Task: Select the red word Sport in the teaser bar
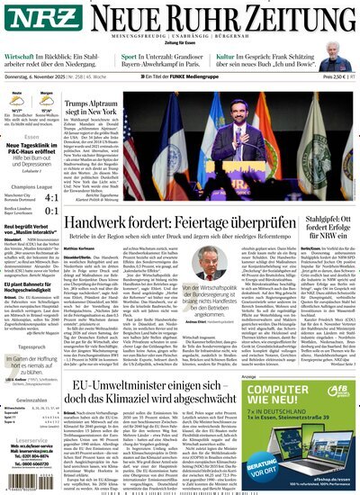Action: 130,56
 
